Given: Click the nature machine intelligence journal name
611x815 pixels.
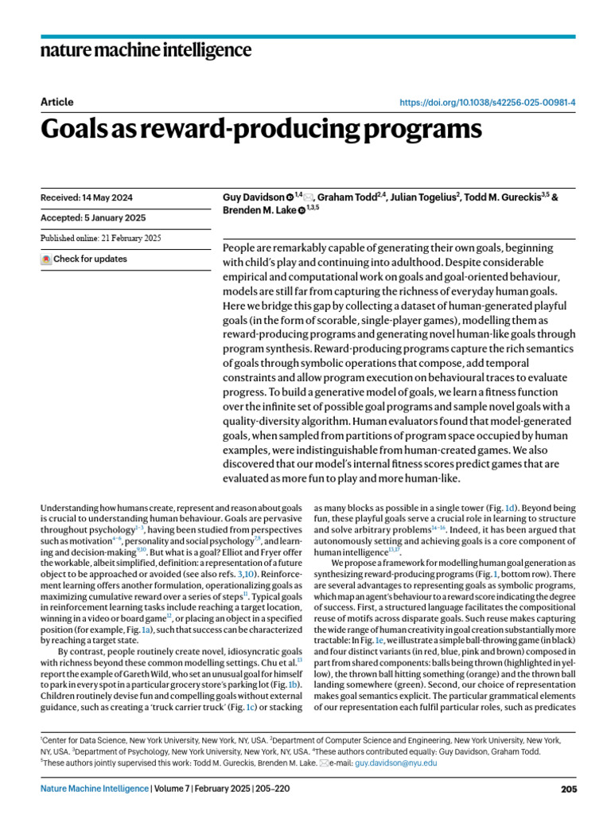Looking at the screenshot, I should point(146,51).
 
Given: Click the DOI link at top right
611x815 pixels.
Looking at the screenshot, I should point(487,103).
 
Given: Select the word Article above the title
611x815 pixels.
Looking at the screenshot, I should point(56,102).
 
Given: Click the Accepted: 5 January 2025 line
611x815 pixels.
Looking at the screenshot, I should point(93,217).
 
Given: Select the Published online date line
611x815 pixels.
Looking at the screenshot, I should point(100,238).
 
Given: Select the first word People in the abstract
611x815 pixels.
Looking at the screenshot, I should point(242,248).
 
